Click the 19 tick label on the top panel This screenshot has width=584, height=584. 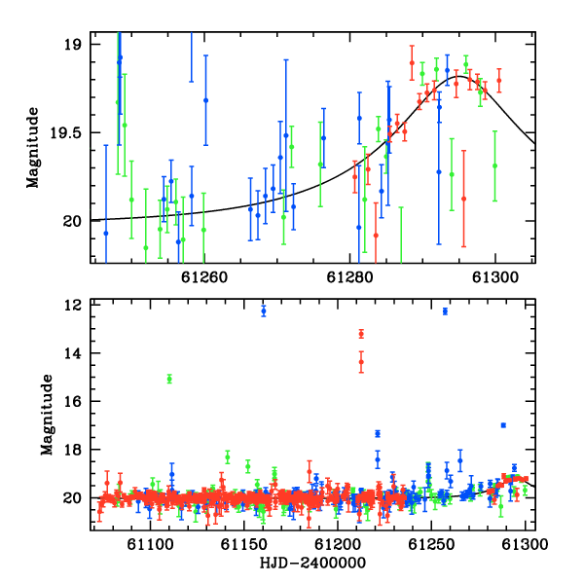tap(72, 45)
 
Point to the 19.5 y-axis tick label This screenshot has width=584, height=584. tap(65, 132)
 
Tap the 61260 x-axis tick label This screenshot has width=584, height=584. tap(204, 277)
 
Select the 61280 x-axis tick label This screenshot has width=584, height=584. tap(349, 277)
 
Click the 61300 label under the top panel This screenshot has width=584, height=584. tap(495, 277)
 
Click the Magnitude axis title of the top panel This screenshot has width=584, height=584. tap(32, 148)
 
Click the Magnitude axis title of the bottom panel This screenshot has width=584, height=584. tap(47, 415)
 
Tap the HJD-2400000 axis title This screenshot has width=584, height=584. tap(312, 563)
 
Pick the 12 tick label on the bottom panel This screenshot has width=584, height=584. tap(72, 305)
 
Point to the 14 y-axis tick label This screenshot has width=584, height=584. tap(72, 353)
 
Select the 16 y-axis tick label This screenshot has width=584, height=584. tap(72, 401)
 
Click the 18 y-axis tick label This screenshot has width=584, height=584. tap(72, 450)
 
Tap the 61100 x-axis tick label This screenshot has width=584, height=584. tap(150, 544)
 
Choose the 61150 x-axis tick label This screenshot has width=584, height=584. tap(244, 544)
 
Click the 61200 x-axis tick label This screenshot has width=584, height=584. tap(338, 544)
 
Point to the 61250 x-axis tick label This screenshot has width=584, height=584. tap(431, 544)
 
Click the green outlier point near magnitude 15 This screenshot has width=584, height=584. tap(169, 380)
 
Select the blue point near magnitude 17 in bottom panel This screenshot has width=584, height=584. tap(503, 425)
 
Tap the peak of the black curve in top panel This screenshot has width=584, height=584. tap(459, 76)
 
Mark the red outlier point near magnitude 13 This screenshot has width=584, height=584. tap(361, 334)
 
